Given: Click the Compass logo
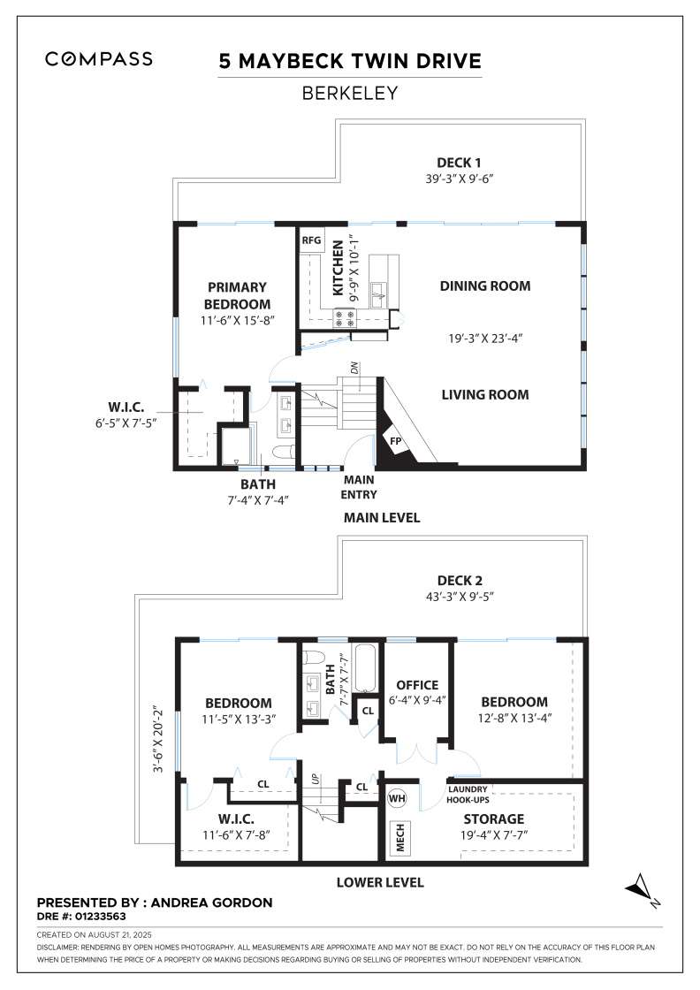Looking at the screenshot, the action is [98, 59].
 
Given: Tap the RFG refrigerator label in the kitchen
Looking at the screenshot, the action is [311, 240].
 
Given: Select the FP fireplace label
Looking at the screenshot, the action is [396, 441].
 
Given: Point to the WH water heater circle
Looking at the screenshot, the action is [396, 798].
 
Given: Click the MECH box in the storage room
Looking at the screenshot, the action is [399, 837].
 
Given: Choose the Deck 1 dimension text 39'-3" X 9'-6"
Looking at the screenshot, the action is [459, 179].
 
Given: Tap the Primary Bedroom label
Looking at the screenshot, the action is [237, 295].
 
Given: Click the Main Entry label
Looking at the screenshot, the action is [359, 487].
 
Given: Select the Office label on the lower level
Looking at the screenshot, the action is [417, 685].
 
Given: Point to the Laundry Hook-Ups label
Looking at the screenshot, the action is [468, 795].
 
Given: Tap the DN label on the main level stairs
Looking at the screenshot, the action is [354, 368].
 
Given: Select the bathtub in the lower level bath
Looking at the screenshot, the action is [365, 668].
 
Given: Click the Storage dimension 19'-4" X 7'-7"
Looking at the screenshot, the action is [493, 834].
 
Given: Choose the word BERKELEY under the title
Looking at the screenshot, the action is [350, 94].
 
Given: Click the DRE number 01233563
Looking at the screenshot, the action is [101, 916].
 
